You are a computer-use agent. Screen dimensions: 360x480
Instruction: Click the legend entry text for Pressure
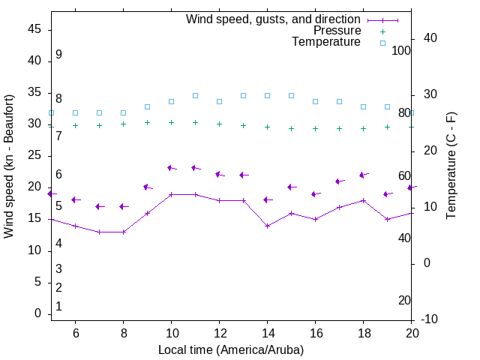click(x=337, y=31)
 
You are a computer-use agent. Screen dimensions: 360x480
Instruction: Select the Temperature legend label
click(x=326, y=42)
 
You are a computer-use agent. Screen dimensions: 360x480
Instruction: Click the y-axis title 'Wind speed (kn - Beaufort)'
click(x=9, y=166)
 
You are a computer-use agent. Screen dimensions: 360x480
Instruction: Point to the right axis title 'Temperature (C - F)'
click(x=451, y=166)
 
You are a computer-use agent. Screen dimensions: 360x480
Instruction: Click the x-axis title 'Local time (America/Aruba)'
click(x=231, y=349)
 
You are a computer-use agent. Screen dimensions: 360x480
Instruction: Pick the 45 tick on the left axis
click(x=34, y=29)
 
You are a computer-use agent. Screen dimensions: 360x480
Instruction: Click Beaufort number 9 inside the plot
click(x=58, y=55)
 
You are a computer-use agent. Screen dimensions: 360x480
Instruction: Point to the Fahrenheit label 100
click(x=401, y=50)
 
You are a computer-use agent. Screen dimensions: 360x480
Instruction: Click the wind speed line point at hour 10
click(x=171, y=194)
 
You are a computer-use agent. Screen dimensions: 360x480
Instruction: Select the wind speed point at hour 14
click(x=267, y=226)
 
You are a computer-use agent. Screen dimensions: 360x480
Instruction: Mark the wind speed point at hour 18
click(x=363, y=200)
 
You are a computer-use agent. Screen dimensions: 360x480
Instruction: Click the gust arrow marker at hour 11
click(x=195, y=168)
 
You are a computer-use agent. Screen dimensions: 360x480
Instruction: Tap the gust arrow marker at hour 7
click(x=99, y=206)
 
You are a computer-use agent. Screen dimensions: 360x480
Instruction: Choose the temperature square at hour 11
click(x=195, y=96)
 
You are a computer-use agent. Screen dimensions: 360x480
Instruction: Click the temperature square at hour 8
click(x=123, y=112)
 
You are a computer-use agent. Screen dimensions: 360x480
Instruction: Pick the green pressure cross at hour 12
click(x=219, y=124)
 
